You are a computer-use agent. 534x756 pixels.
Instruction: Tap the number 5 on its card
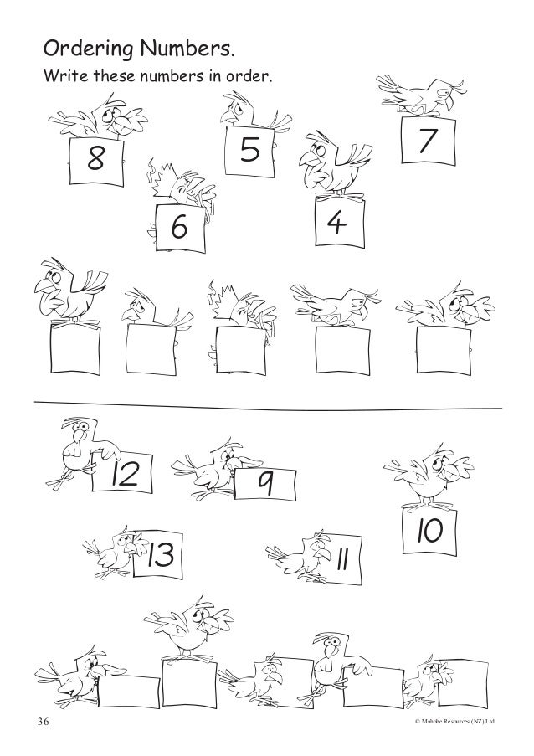(x=249, y=148)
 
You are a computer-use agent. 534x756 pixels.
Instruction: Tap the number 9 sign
(x=265, y=483)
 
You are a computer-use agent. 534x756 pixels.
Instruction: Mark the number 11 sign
(x=341, y=554)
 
